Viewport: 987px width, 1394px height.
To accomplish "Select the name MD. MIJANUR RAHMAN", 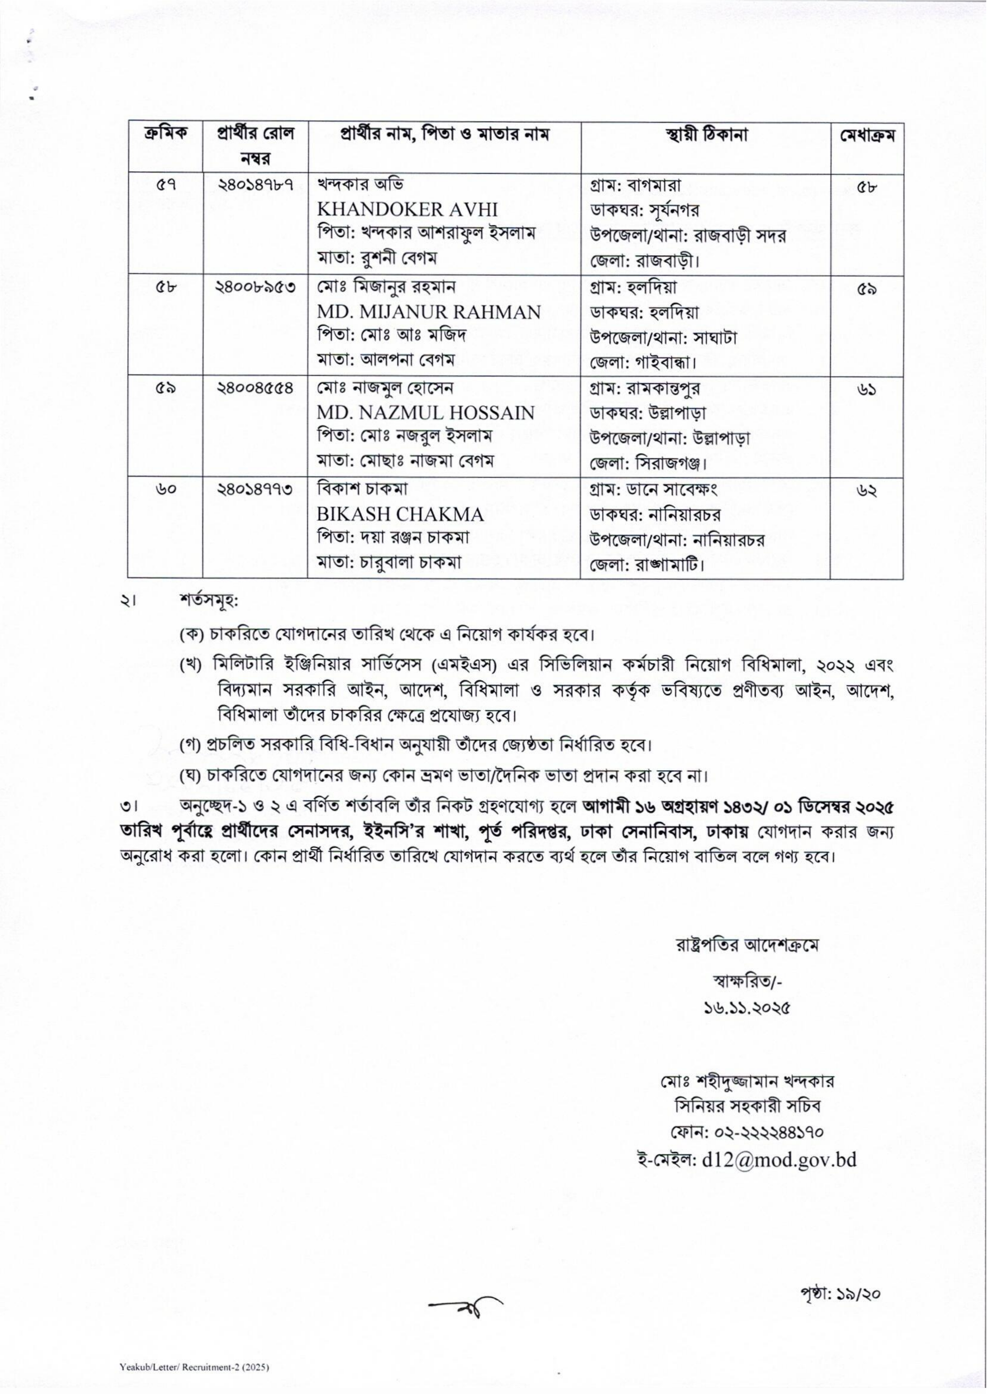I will [x=428, y=312].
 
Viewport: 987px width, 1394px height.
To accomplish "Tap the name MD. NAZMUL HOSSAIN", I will [x=426, y=413].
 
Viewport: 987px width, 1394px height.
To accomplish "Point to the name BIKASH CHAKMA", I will [x=400, y=514].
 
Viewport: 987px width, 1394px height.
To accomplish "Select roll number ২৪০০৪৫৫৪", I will [x=255, y=388].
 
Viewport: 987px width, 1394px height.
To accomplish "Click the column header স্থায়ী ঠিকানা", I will [x=706, y=135].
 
